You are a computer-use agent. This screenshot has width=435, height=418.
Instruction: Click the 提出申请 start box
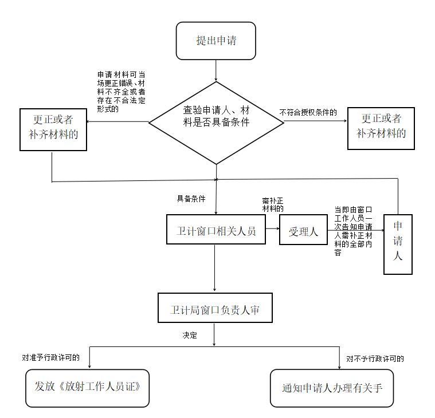215,41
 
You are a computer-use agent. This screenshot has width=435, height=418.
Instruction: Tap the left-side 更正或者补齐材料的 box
53,129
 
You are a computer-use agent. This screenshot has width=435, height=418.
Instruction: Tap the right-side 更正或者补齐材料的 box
381,129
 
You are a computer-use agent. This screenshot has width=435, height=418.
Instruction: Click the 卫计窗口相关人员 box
215,229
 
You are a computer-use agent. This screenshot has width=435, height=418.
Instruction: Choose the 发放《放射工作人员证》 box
88,388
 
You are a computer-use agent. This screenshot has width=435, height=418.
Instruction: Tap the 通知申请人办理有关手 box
331,388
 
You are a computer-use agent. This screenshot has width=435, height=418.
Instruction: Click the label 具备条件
191,199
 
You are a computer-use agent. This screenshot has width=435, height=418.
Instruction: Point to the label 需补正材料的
273,204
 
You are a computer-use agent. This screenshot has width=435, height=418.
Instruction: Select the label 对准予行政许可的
51,358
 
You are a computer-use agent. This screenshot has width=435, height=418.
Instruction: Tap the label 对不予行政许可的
375,359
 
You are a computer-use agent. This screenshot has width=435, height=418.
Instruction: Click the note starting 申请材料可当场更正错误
121,91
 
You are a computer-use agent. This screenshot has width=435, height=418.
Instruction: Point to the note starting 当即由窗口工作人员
354,231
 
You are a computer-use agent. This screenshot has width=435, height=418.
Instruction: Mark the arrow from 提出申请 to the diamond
216,70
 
